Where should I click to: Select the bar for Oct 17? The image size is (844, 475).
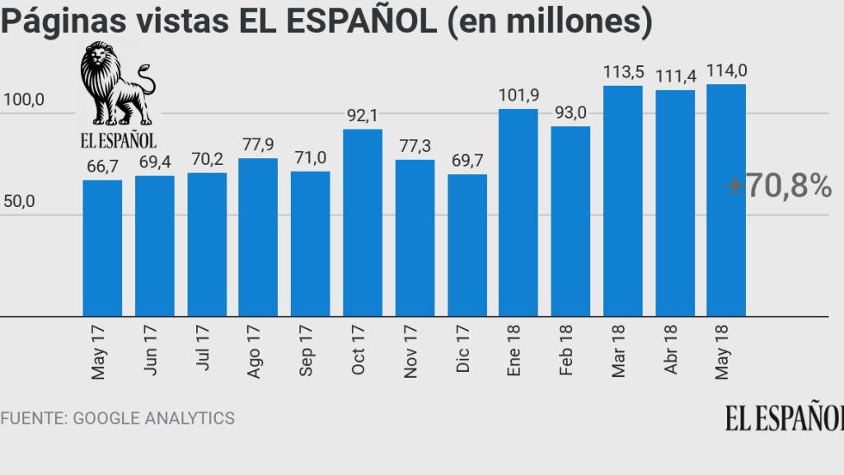pyautogui.click(x=363, y=223)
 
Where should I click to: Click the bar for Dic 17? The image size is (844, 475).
pyautogui.click(x=467, y=245)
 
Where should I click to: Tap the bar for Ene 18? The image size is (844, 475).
pyautogui.click(x=518, y=212)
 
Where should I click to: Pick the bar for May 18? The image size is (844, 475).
pyautogui.click(x=726, y=200)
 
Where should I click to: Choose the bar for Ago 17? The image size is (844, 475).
pyautogui.click(x=258, y=237)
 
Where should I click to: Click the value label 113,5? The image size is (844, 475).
pyautogui.click(x=622, y=72)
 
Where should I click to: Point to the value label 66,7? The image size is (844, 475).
pyautogui.click(x=103, y=167)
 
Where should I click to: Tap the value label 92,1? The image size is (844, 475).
pyautogui.click(x=363, y=116)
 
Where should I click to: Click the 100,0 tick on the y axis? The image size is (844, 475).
pyautogui.click(x=24, y=101)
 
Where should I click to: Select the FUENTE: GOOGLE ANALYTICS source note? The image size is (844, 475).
pyautogui.click(x=118, y=418)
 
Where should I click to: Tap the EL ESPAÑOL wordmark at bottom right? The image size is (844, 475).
pyautogui.click(x=784, y=417)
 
